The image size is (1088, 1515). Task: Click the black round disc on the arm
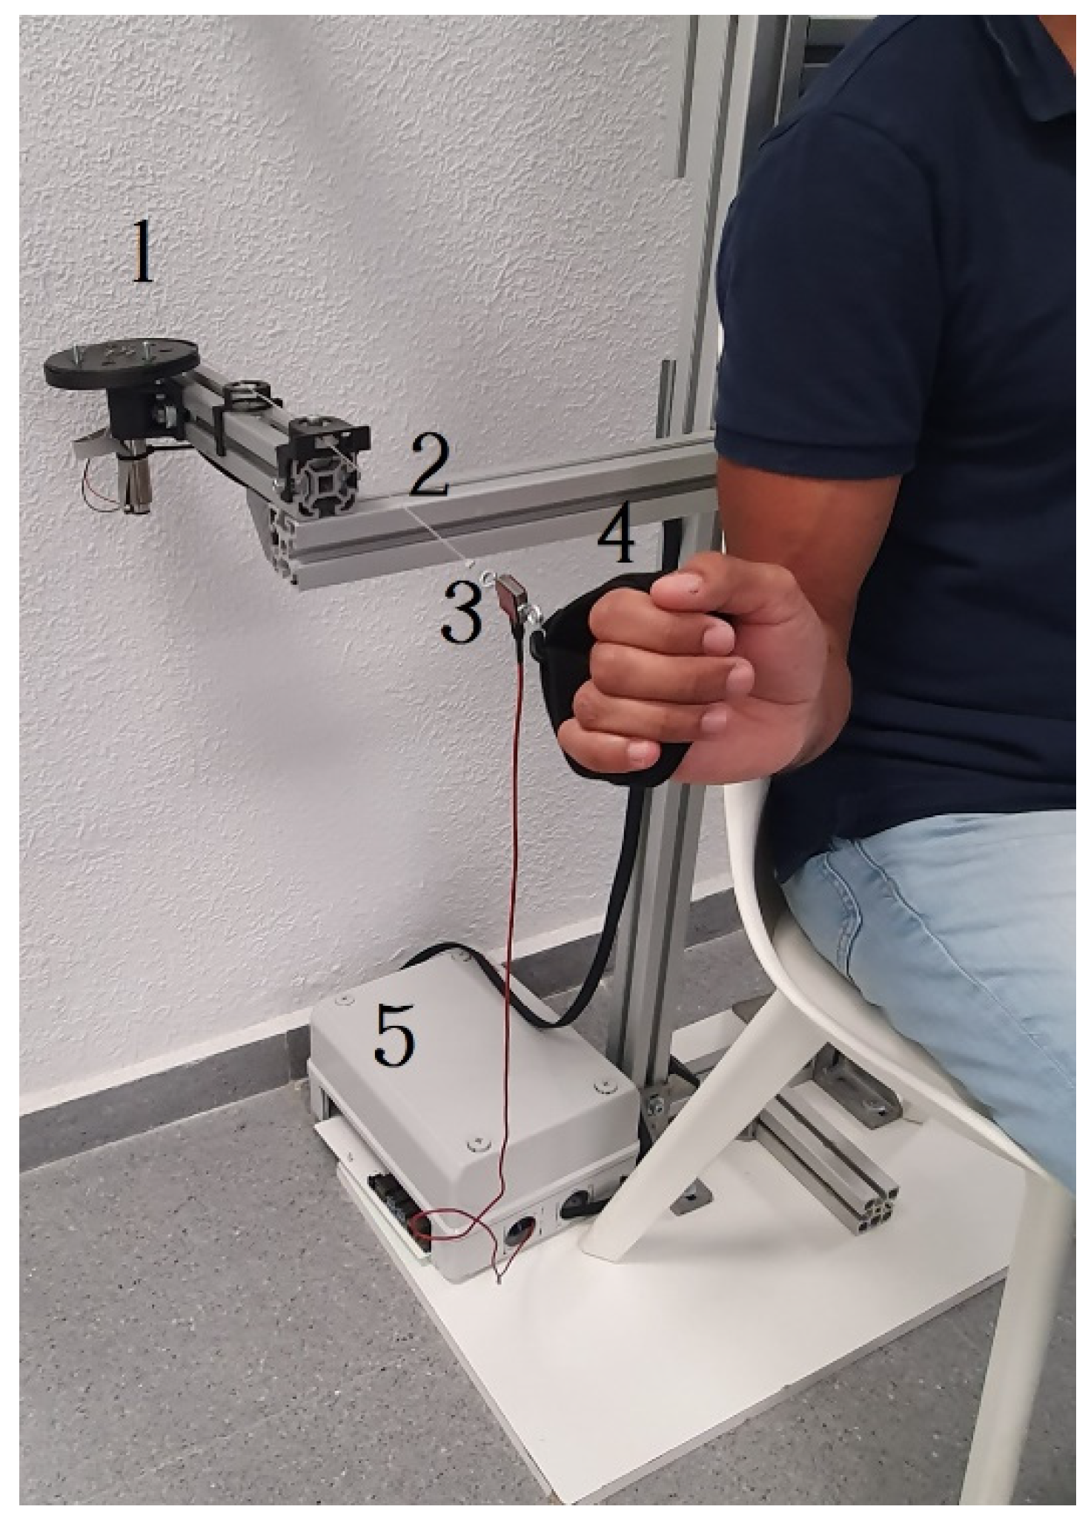tap(122, 362)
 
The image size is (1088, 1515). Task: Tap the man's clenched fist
tap(704, 671)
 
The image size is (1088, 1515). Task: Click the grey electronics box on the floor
tap(474, 1097)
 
